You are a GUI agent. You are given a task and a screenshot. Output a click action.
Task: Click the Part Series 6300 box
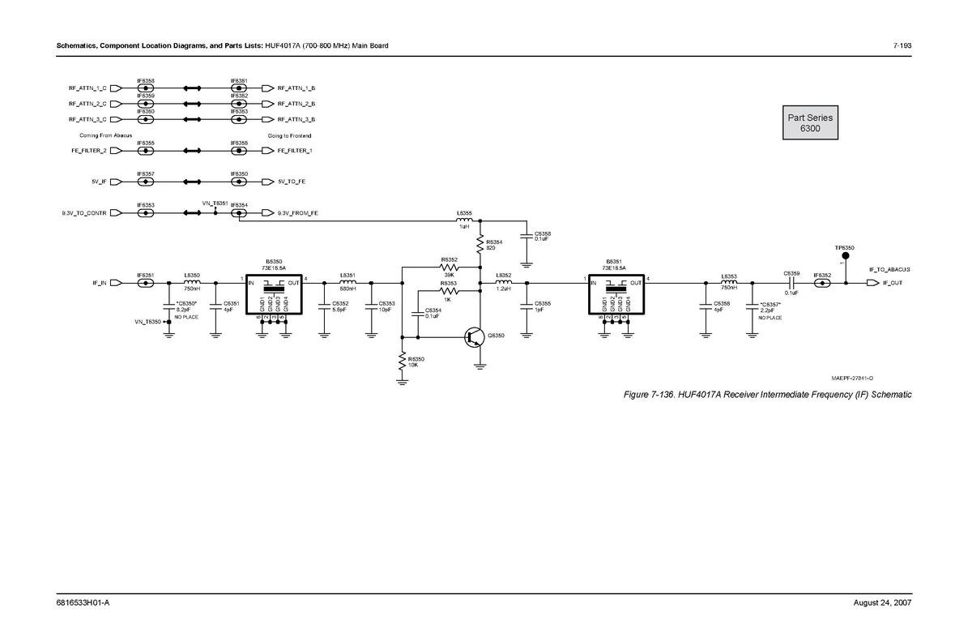pos(810,123)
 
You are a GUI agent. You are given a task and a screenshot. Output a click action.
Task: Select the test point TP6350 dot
pos(846,255)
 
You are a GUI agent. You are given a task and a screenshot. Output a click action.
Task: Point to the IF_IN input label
pos(100,283)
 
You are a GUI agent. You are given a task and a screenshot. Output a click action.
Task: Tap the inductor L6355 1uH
pos(465,220)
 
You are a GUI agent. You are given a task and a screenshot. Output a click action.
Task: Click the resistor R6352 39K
pos(449,267)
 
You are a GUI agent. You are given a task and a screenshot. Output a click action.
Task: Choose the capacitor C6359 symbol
pos(791,283)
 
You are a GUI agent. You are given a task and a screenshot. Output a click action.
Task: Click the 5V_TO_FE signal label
pos(292,182)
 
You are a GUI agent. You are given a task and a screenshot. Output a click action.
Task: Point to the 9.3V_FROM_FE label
pos(297,213)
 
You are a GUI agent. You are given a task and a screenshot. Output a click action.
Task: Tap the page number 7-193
pos(902,45)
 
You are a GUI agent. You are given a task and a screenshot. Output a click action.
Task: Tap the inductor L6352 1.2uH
pos(503,283)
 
